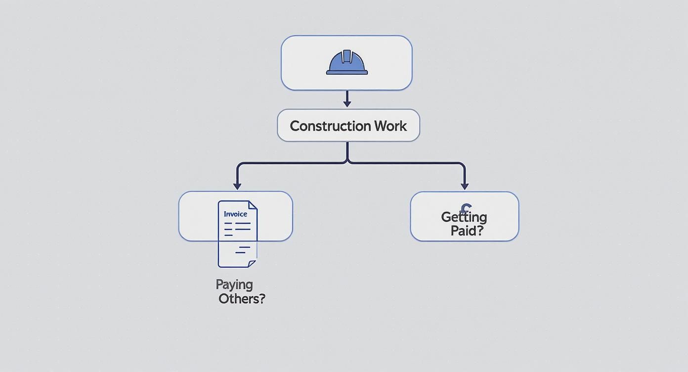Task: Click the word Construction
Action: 330,126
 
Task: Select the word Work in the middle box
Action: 390,126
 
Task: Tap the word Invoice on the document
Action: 235,214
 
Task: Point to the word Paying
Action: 234,284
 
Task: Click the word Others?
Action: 242,299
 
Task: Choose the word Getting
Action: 464,217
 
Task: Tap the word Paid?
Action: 467,231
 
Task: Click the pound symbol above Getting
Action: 466,208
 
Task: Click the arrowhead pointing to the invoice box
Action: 237,186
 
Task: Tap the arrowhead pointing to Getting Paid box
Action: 465,186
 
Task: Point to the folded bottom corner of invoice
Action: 252,264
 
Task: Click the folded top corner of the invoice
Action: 253,205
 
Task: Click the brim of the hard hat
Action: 347,72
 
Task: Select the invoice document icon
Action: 238,234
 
